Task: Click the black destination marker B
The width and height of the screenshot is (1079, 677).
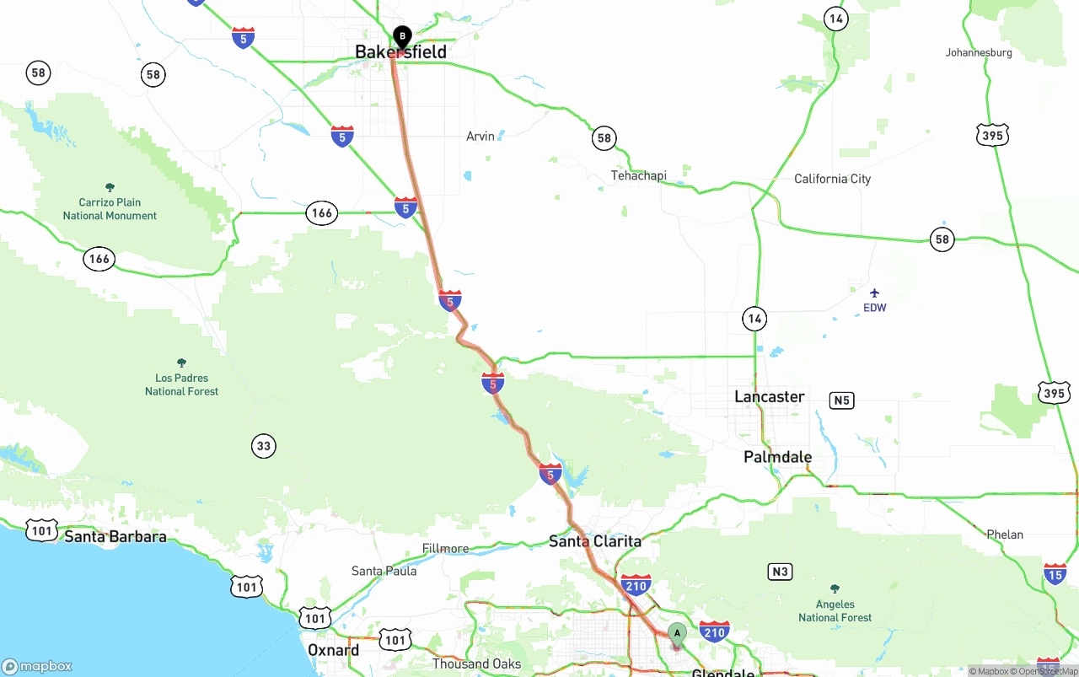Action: (x=402, y=36)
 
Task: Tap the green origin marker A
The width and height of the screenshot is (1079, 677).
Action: (x=677, y=633)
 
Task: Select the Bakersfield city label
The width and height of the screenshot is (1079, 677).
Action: (x=400, y=52)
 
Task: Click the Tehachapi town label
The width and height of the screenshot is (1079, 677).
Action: (x=638, y=175)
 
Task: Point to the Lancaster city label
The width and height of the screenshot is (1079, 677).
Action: (x=769, y=396)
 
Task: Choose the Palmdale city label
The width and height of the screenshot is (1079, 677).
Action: (x=777, y=457)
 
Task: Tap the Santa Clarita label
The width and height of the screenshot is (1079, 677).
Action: (x=594, y=541)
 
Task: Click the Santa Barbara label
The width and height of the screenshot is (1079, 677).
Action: (x=115, y=536)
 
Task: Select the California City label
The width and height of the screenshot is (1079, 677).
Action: (x=832, y=179)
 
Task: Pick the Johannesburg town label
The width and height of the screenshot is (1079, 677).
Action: (x=978, y=52)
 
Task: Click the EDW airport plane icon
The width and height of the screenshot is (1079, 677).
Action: (x=874, y=293)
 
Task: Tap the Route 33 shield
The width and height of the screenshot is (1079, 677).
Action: (x=264, y=446)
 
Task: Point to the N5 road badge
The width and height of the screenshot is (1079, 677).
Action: (x=841, y=400)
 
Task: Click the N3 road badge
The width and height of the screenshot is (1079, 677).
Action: (x=780, y=572)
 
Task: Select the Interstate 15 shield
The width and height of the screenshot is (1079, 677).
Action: (x=1055, y=574)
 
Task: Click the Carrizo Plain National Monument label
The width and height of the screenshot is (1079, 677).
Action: (x=110, y=208)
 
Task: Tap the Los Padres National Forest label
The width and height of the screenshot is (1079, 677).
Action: (x=181, y=384)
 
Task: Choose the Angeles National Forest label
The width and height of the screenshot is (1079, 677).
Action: (x=835, y=610)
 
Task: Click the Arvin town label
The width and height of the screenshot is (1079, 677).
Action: (x=480, y=136)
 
